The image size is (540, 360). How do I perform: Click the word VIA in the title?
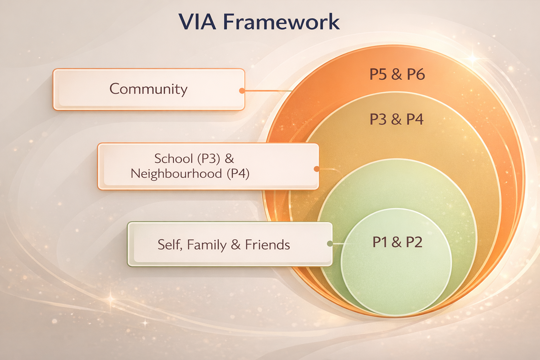(198, 22)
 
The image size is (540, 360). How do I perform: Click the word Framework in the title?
(281, 22)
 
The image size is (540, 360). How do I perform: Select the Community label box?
(148, 89)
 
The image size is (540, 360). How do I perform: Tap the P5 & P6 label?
(397, 75)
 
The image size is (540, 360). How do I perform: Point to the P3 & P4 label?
(396, 120)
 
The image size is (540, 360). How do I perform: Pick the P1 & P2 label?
(397, 242)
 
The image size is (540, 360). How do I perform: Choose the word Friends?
(268, 245)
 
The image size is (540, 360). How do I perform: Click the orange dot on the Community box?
(242, 91)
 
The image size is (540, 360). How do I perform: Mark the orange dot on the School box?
(316, 169)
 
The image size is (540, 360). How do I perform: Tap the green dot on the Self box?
(330, 244)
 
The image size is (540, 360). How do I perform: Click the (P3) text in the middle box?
(208, 159)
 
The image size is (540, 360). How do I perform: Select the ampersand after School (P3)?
(229, 159)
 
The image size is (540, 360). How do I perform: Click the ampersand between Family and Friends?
(236, 245)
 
